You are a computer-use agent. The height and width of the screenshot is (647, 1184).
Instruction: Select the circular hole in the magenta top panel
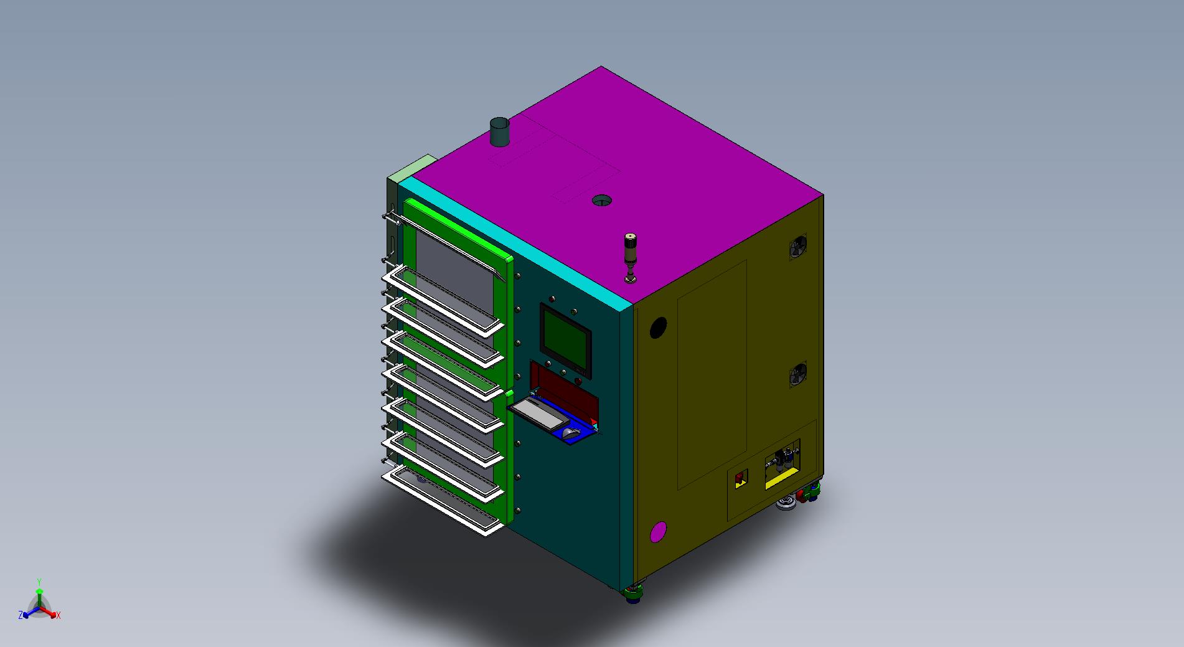[x=601, y=201]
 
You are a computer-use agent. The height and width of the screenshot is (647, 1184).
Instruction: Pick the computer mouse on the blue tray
[x=571, y=432]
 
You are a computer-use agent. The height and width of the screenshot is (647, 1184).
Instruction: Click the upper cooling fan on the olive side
[x=797, y=248]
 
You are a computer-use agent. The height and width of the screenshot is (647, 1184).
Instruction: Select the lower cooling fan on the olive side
[x=797, y=376]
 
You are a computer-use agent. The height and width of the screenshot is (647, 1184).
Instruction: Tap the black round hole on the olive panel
[x=658, y=328]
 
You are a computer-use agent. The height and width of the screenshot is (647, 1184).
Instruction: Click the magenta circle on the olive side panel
[x=658, y=532]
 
